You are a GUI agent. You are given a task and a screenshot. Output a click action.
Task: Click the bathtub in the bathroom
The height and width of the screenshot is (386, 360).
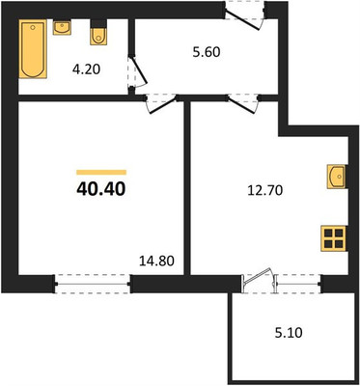pos(33,49)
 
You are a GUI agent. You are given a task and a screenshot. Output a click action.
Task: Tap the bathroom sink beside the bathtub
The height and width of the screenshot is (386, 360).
pos(62,27)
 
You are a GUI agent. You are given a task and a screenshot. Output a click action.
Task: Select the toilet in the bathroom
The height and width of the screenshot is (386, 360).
pos(98,33)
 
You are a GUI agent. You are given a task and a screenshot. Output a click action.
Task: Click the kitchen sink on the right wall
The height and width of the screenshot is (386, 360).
pos(337,176)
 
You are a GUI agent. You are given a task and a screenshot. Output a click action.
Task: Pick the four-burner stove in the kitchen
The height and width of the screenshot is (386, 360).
pos(333,238)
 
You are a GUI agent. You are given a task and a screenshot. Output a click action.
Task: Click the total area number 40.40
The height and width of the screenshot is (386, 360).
pos(100,190)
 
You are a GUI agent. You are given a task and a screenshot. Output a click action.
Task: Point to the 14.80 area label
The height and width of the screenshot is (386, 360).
pos(156,261)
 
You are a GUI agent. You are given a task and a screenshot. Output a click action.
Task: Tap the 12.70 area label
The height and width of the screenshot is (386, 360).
pos(265,191)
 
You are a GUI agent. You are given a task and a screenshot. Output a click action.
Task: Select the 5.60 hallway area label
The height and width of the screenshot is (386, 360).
pos(207,52)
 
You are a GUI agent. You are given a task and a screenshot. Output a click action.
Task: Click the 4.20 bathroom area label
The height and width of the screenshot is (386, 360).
pos(86,69)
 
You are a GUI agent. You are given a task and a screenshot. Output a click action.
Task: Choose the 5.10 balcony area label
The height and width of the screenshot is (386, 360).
pos(289,333)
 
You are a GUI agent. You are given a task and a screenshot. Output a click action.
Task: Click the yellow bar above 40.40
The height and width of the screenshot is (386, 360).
pos(101,172)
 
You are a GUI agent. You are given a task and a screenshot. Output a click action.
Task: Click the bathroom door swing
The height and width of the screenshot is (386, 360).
pos(138,72)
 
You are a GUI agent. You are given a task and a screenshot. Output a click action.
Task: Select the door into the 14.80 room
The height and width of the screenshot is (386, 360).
pos(162,103)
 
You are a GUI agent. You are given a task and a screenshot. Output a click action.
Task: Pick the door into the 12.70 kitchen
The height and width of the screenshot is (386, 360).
pos(243,103)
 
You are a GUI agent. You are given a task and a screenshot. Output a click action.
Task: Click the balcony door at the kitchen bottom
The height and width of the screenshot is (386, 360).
pos(260,281)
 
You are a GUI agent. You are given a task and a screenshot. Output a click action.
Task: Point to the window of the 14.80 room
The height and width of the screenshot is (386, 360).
pos(93,284)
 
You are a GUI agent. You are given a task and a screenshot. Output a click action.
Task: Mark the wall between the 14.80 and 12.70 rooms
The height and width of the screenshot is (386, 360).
pos(187,188)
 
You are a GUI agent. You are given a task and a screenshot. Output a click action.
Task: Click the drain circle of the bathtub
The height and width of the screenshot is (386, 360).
pos(33,28)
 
